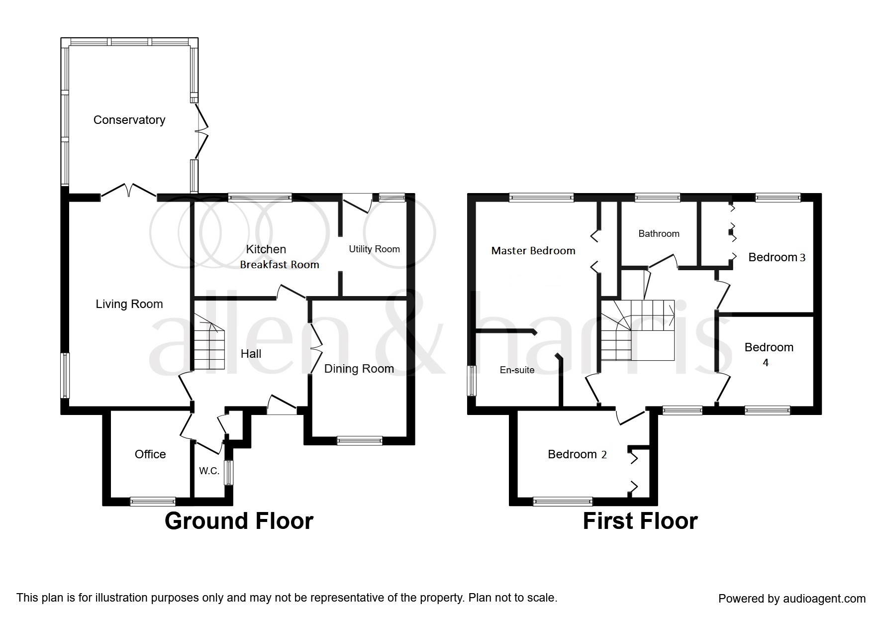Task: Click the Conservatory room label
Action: pos(129,120)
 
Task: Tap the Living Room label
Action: pos(129,304)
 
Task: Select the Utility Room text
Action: pos(374,249)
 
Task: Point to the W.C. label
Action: pos(209,471)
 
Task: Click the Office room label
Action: pos(150,454)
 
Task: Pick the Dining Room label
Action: pos(359,369)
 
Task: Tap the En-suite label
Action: pos(517,370)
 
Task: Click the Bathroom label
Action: pos(659,233)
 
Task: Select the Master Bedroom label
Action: pos(533,251)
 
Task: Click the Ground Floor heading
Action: pos(239,521)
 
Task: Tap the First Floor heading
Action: pos(640,521)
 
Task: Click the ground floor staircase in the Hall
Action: pos(209,343)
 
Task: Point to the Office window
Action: pos(153,502)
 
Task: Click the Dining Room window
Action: pos(359,440)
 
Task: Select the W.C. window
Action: pos(228,472)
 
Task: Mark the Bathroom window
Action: pos(658,198)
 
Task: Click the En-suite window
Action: pos(471,381)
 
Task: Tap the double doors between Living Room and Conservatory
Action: pos(129,192)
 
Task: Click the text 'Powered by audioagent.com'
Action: pos(792,599)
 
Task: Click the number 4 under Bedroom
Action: pos(766,363)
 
